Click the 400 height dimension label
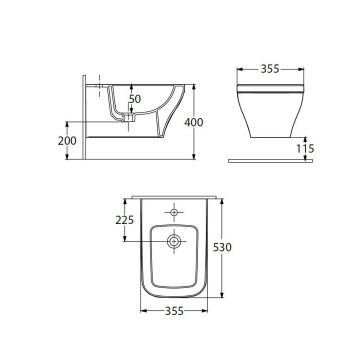pyautogui.click(x=194, y=122)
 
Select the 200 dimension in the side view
pyautogui.click(x=67, y=141)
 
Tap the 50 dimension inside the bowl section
pyautogui.click(x=135, y=99)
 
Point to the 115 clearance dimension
pyautogui.click(x=305, y=148)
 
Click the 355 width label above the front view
pyautogui.click(x=270, y=69)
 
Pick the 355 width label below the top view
pyautogui.click(x=174, y=311)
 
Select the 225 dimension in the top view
pyautogui.click(x=125, y=220)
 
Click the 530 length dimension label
pyautogui.click(x=222, y=247)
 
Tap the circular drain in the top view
pyautogui.click(x=174, y=241)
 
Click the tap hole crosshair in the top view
pyautogui.click(x=174, y=212)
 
